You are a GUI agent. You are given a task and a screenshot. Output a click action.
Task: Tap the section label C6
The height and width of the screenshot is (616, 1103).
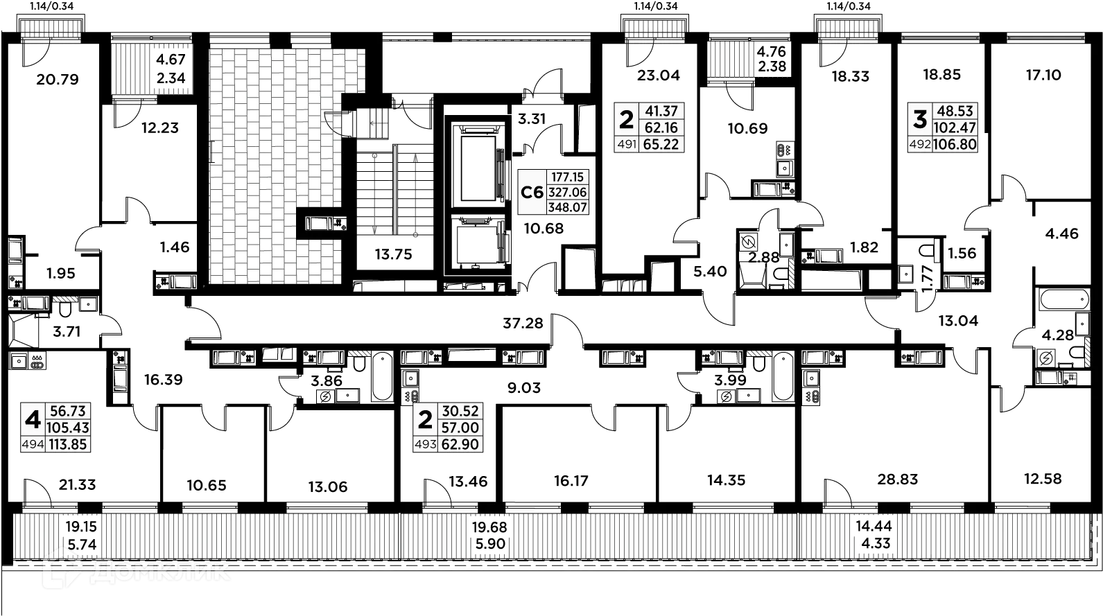(532, 192)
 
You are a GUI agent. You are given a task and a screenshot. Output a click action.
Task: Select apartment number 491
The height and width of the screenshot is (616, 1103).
(626, 145)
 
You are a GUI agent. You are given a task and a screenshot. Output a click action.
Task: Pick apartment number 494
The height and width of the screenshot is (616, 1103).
(33, 445)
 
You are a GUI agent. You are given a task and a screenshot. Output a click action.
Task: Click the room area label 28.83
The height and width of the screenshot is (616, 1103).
(898, 479)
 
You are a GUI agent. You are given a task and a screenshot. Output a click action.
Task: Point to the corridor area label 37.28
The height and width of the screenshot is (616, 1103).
(523, 323)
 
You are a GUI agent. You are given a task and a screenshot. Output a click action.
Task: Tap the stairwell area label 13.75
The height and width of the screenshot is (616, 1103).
(394, 254)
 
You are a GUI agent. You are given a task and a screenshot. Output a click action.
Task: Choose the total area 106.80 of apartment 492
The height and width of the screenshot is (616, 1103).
(955, 145)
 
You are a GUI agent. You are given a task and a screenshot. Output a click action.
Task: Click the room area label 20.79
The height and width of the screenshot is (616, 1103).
(58, 80)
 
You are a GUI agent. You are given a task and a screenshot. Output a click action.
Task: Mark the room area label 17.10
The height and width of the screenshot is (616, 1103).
(1044, 75)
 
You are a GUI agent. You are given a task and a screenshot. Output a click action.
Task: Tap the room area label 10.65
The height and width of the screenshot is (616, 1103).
(207, 486)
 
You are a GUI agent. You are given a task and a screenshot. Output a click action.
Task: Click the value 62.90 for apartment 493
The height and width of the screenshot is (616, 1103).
(460, 444)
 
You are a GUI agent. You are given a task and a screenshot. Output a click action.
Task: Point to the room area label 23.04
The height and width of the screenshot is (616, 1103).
(659, 76)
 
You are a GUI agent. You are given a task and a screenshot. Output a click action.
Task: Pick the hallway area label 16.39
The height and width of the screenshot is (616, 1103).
(164, 379)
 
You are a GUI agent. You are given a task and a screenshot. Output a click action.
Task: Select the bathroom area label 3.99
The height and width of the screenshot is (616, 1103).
(731, 380)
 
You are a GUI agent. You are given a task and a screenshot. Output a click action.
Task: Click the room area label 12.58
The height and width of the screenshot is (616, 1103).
(1043, 479)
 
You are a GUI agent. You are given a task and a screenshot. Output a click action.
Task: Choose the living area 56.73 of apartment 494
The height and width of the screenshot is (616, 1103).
(68, 412)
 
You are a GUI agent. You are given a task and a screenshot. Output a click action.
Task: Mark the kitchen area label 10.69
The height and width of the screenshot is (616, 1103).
(747, 128)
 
